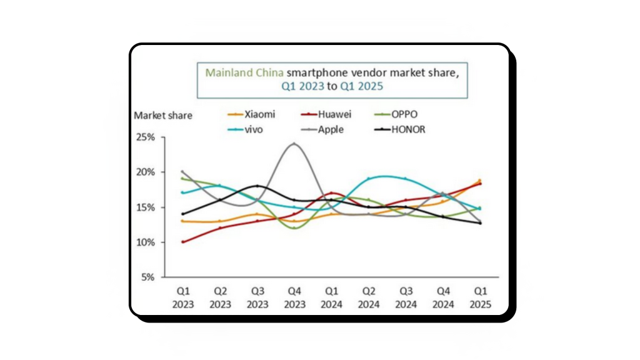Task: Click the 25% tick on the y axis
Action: [151, 137]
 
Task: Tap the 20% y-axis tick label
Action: [151, 172]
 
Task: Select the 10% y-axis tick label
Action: [151, 242]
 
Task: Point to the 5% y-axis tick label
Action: [154, 277]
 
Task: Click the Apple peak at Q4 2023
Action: [294, 144]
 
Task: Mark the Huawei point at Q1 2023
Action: [182, 242]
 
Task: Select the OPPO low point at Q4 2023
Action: [294, 228]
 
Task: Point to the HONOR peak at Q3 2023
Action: [257, 186]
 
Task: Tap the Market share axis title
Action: [163, 115]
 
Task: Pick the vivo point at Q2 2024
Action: [369, 179]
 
